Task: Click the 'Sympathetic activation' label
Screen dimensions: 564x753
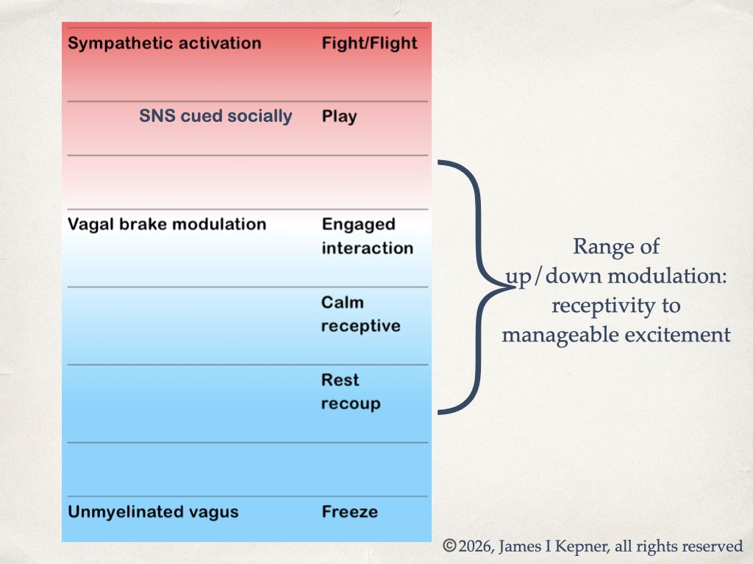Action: [x=164, y=43]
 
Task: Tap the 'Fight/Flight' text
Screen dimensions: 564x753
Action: [x=369, y=43]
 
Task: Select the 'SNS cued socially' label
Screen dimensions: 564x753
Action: [x=215, y=116]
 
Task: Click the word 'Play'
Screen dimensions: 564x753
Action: [x=339, y=117]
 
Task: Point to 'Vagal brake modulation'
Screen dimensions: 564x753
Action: [x=167, y=224]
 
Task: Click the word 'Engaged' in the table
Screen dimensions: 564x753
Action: [x=358, y=224]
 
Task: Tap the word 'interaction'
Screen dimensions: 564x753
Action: [x=367, y=248]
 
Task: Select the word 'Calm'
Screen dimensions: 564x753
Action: [x=342, y=303]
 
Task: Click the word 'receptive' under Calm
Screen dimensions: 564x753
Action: [x=360, y=326]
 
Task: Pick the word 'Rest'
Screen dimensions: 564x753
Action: [x=340, y=380]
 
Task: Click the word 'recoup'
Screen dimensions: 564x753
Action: [x=351, y=404]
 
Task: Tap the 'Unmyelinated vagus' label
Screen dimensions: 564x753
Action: [x=153, y=512]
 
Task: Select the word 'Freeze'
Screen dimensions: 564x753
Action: [x=349, y=512]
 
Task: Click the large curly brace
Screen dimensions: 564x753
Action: [x=478, y=286]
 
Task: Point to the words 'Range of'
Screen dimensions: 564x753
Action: [x=616, y=247]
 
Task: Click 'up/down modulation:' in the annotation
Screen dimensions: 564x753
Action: [x=616, y=276]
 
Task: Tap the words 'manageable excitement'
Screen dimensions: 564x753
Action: [x=616, y=335]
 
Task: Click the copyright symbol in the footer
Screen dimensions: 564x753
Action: [x=449, y=546]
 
